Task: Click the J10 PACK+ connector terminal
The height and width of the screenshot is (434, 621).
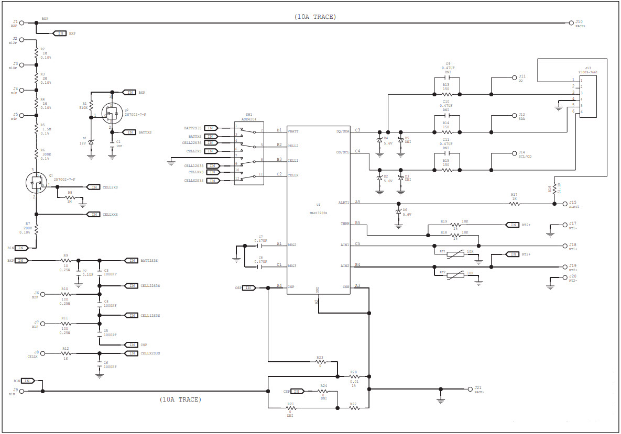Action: [x=571, y=23]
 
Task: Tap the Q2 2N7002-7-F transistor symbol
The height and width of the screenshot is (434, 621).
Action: [x=111, y=112]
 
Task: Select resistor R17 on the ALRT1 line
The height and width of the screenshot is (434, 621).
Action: [x=515, y=203]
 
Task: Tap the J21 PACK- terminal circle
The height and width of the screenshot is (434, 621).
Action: [x=470, y=389]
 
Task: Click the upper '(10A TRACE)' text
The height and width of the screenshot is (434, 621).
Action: [x=315, y=17]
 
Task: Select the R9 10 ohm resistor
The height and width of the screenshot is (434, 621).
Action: [x=66, y=260]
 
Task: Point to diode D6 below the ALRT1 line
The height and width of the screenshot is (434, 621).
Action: [x=399, y=211]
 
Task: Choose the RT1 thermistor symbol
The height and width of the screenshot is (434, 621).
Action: [x=455, y=252]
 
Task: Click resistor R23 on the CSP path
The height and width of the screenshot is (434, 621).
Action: [x=320, y=362]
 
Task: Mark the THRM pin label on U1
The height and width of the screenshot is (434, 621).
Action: [x=345, y=223]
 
